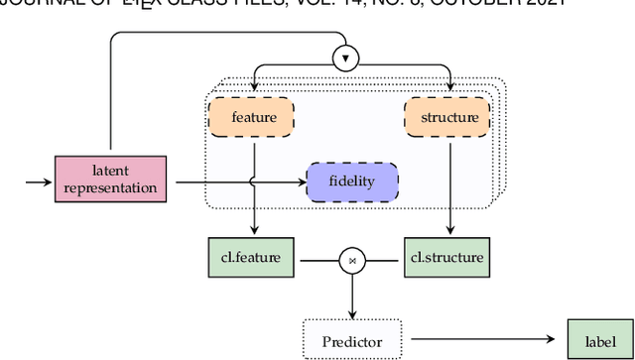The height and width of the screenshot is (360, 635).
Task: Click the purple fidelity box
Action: coord(351,182)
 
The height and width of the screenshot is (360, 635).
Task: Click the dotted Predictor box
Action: coord(351,342)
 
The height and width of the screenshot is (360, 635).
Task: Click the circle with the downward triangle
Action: coord(346,59)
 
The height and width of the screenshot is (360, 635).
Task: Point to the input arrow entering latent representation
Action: coord(40,181)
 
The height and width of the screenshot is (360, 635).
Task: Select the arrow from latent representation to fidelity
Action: coord(238,181)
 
